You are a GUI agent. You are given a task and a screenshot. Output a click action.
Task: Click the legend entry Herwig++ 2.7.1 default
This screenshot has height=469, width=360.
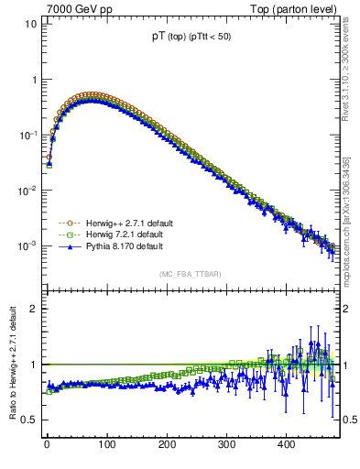(124, 223)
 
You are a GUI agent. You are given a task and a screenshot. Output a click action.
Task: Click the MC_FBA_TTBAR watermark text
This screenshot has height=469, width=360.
(191, 274)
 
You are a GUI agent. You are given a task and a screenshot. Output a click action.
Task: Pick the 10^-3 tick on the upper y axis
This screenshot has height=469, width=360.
(26, 246)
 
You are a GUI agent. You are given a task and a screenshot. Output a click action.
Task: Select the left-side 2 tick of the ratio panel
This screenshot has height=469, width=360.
(32, 309)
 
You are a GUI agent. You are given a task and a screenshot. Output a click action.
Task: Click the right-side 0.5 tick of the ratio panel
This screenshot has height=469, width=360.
(350, 420)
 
